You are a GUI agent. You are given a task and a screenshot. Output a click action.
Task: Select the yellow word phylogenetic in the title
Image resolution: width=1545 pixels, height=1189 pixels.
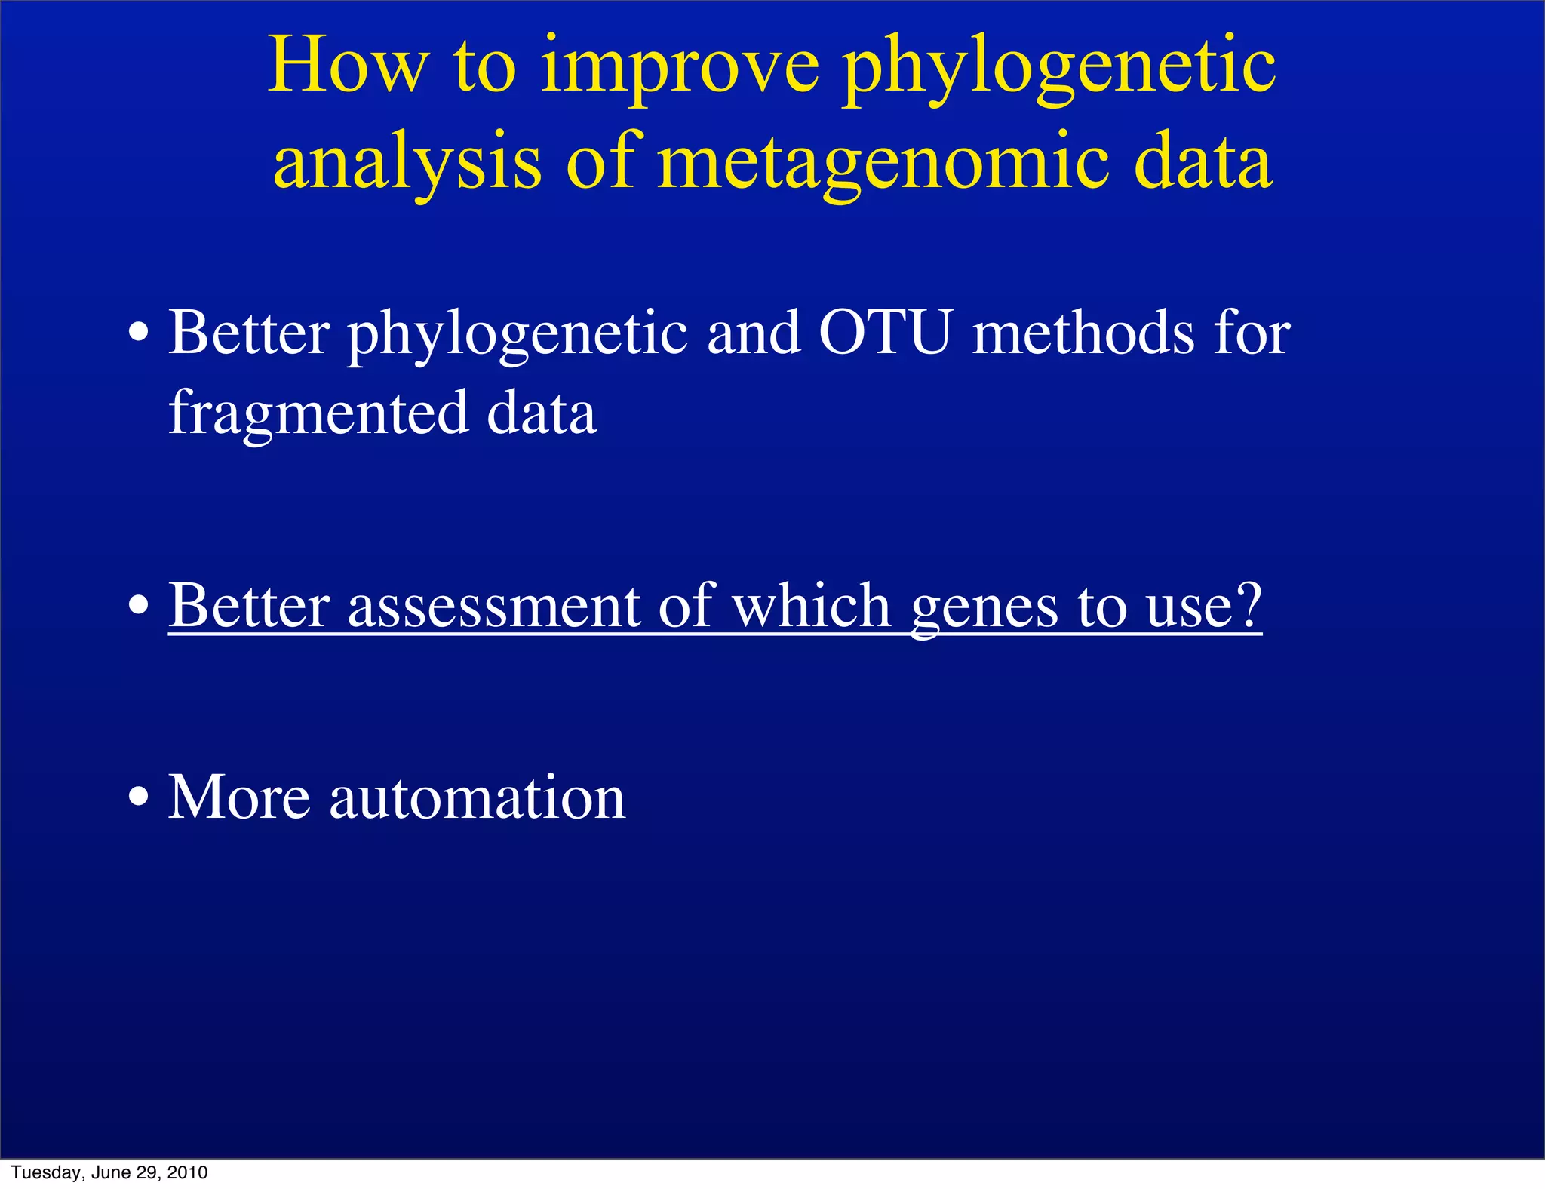(x=1058, y=72)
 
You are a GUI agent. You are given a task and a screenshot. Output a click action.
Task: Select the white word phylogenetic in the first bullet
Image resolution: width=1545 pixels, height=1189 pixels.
(x=518, y=336)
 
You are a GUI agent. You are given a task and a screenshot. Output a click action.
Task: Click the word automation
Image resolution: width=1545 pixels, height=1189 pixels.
(x=477, y=797)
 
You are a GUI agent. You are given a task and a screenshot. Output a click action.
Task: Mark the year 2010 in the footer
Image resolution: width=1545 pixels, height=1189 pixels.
(x=187, y=1172)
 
